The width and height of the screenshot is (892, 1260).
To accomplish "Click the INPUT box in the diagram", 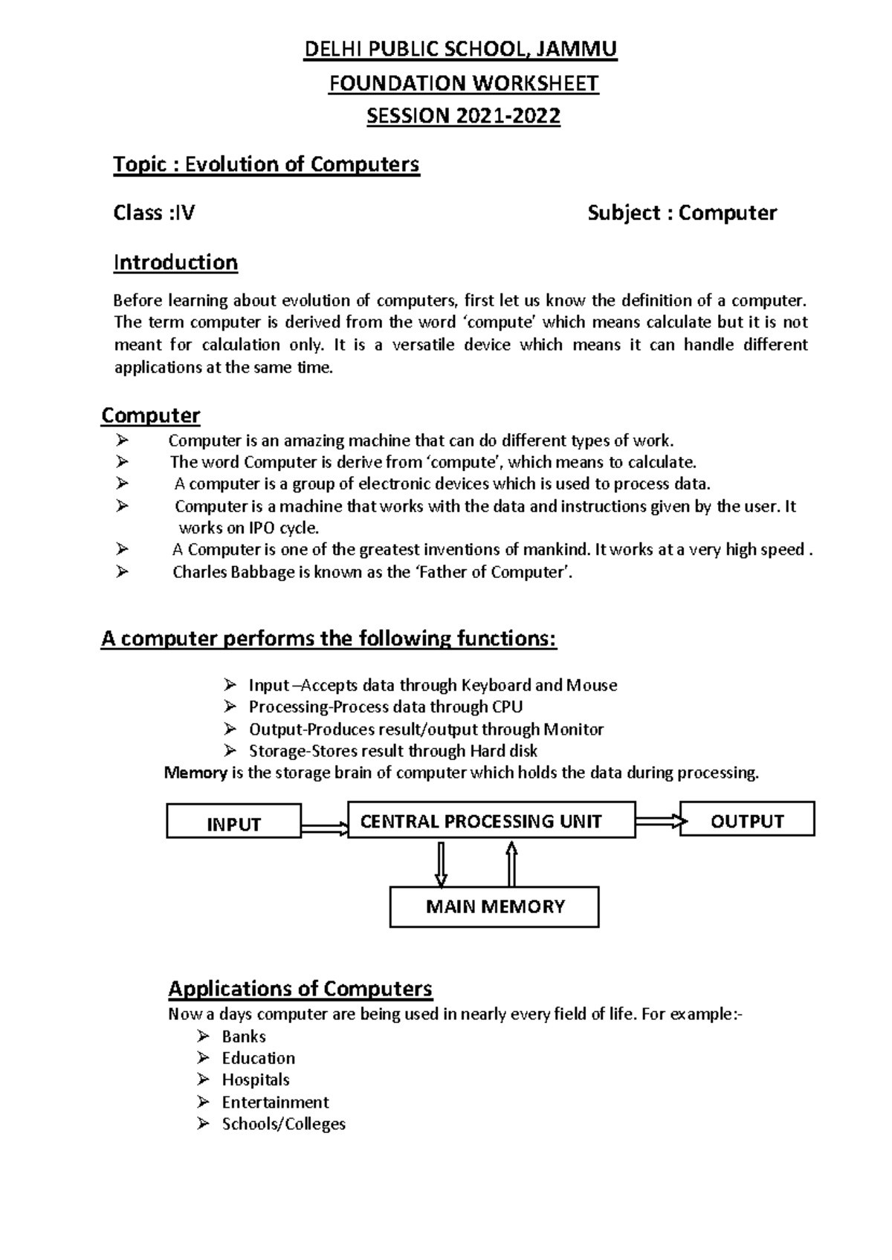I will click(233, 821).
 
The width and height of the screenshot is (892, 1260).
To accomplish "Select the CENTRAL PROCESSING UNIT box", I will click(491, 820).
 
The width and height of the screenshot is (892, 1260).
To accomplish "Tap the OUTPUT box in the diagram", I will click(747, 819).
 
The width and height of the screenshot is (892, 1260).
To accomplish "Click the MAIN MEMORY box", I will click(494, 906).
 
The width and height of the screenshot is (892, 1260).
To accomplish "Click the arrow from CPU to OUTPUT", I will click(658, 821).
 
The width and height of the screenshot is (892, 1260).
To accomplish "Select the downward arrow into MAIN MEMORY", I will click(442, 863).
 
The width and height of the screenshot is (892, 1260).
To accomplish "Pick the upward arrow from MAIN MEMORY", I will click(511, 863).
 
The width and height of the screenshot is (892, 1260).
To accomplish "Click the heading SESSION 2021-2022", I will click(463, 117).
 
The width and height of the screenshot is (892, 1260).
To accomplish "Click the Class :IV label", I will click(154, 213).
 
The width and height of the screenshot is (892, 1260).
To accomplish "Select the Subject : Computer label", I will click(682, 213).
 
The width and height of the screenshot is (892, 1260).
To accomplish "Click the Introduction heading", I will click(175, 262).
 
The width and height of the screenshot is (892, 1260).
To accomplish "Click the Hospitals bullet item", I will click(255, 1079).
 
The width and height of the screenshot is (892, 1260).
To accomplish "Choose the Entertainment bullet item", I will click(275, 1102).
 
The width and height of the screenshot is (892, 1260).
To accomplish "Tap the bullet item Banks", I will click(243, 1036).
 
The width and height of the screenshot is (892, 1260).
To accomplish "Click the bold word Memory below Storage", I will click(195, 773).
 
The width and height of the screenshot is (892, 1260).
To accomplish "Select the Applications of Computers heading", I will click(300, 989).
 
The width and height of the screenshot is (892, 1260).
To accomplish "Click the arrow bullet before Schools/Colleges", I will click(204, 1123).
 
